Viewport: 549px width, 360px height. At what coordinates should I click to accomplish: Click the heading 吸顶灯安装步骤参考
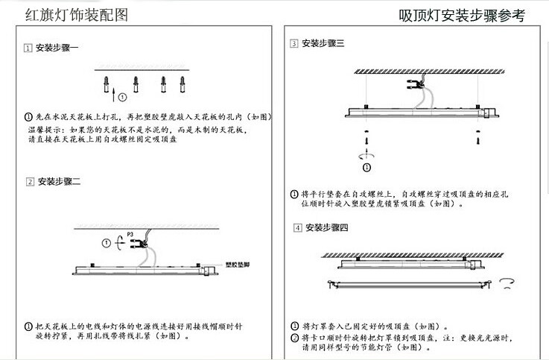[x=462, y=14]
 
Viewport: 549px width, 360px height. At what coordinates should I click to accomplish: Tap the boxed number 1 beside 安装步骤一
[x=28, y=48]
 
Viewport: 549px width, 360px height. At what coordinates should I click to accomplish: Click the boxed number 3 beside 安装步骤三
[x=295, y=44]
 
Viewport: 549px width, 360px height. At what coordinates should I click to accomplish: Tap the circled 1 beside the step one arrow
[x=122, y=96]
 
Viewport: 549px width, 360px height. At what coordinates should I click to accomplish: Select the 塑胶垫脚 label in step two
[x=236, y=263]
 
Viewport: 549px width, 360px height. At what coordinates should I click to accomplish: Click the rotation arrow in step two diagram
[x=118, y=242]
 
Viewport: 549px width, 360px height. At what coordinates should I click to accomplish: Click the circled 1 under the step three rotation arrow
[x=366, y=168]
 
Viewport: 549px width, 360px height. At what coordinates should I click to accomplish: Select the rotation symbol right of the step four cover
[x=509, y=282]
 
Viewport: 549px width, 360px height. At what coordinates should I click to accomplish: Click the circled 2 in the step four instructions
[x=295, y=338]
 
